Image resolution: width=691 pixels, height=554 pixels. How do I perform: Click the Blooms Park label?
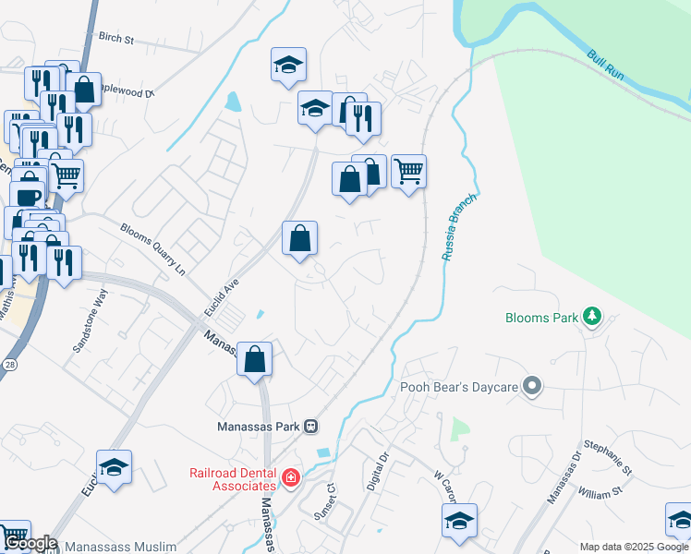(541, 319)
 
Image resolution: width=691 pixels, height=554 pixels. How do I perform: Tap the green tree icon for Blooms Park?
(591, 319)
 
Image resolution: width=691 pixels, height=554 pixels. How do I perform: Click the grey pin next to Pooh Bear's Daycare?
(531, 386)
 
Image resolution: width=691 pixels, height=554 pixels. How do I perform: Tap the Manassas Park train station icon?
(311, 427)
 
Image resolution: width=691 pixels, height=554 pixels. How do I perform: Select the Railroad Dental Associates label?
(233, 478)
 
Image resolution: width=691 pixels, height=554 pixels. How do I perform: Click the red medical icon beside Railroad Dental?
(291, 477)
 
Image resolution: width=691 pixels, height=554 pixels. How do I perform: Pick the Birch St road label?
(116, 40)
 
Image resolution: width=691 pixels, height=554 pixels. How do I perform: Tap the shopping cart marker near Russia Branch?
(408, 171)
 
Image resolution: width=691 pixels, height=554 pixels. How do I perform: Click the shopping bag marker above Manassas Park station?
(254, 358)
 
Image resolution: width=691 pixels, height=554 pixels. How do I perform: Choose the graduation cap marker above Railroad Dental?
(114, 467)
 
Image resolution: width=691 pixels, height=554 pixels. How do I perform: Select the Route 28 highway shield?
(10, 340)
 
